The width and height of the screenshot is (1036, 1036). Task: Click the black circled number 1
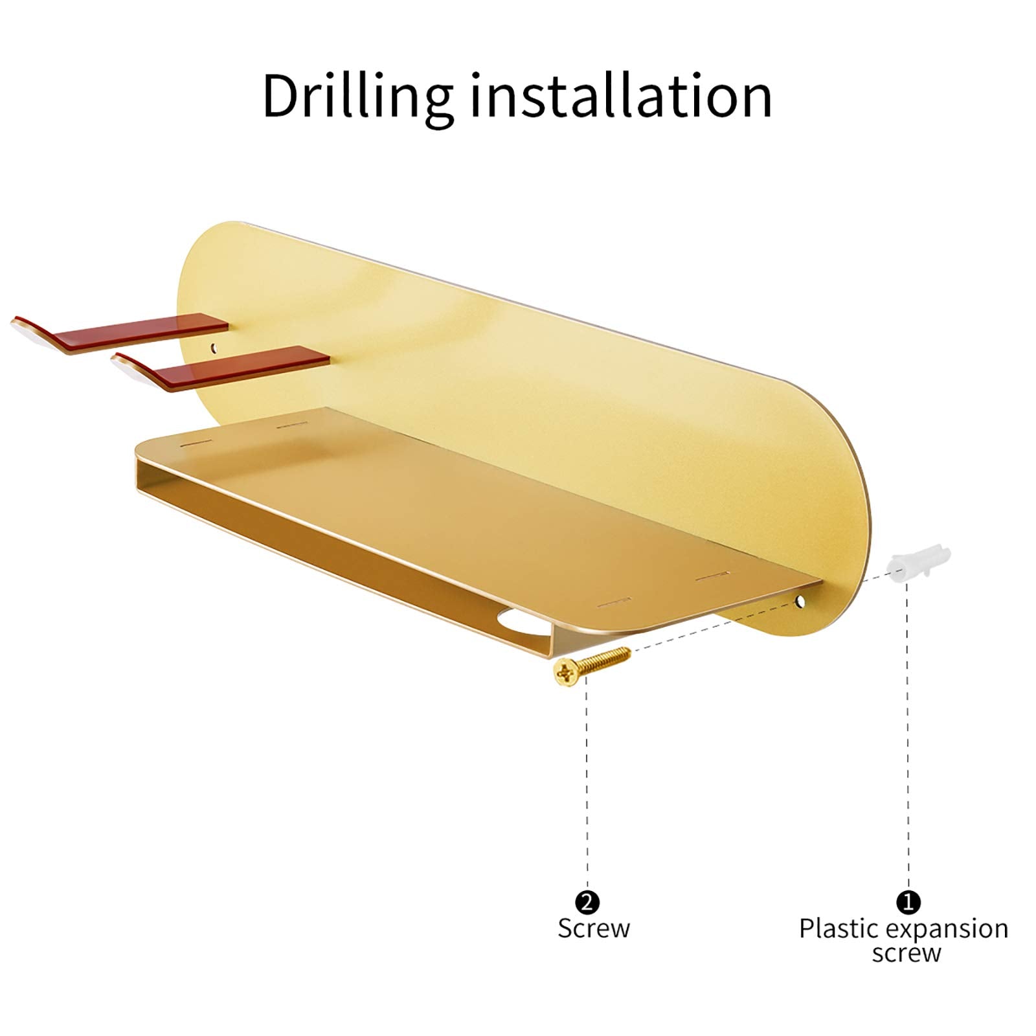pyautogui.click(x=908, y=901)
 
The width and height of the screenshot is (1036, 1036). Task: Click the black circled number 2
pyautogui.click(x=587, y=901)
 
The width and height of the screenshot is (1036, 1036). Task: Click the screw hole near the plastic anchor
pyautogui.click(x=802, y=602)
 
